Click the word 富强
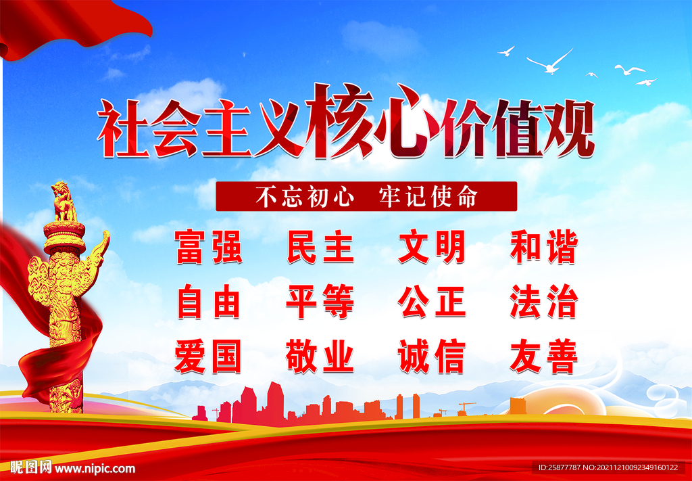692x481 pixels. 208,248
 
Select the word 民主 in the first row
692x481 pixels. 320,248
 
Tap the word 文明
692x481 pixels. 432,248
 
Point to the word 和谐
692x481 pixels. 544,248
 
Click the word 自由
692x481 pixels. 208,302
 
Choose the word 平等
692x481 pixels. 320,302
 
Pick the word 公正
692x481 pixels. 432,302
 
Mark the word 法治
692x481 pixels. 544,302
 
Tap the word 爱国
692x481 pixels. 208,356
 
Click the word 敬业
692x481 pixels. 320,356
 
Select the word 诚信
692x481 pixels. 432,356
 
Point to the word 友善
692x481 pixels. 544,356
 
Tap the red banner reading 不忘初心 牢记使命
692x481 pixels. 366,196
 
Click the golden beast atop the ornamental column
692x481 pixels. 64,201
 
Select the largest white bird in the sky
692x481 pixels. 551,62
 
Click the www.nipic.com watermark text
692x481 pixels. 95,468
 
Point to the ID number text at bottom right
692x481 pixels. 609,467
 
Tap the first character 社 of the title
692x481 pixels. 123,129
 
